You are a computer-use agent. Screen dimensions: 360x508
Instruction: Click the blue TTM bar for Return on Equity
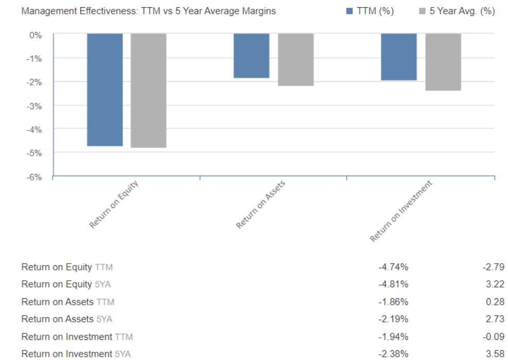(105, 90)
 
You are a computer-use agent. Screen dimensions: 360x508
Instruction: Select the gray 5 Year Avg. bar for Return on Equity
(149, 91)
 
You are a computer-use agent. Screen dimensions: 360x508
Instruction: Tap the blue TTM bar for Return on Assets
(252, 56)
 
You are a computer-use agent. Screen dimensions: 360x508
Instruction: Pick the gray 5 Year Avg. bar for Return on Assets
(296, 60)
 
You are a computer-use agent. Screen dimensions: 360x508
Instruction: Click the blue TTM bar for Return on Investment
(399, 57)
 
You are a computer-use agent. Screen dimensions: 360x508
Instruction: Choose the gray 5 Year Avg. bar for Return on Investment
(443, 62)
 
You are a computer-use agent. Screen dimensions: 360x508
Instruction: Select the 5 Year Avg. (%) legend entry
(457, 11)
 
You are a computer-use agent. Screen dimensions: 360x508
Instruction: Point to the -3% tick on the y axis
(34, 106)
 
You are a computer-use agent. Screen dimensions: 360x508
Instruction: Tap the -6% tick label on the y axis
(34, 177)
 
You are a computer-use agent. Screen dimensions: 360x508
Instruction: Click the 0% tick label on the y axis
(36, 35)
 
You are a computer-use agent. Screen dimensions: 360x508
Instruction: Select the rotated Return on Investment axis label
(401, 211)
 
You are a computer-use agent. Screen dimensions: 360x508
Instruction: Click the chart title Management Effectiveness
(148, 11)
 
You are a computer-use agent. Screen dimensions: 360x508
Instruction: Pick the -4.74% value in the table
(394, 267)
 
